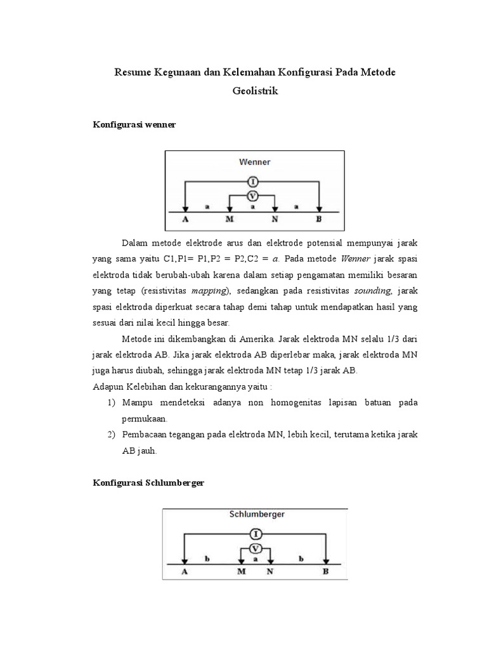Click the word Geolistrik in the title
(255, 91)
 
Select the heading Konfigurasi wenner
(134, 125)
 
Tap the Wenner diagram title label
(255, 162)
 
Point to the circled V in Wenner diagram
(252, 196)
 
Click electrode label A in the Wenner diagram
(185, 220)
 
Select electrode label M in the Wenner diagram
(230, 220)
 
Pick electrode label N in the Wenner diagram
(275, 220)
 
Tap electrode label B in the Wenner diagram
(319, 220)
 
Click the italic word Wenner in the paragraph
(355, 260)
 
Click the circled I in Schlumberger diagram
(255, 534)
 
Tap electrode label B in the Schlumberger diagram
(326, 571)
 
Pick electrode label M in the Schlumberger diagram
(241, 571)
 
